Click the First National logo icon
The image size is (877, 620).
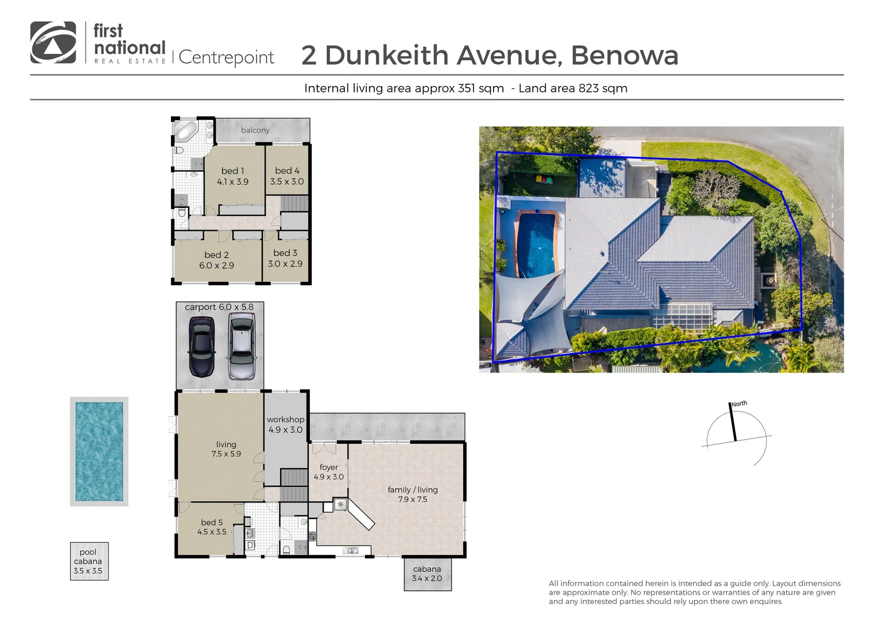[x=53, y=42]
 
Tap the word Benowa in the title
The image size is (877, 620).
[x=624, y=56]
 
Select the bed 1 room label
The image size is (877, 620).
[x=232, y=171]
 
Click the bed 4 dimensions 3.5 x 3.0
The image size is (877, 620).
[x=287, y=181]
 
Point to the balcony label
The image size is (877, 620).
[x=255, y=130]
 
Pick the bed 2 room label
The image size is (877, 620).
[x=216, y=255]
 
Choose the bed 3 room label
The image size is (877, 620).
[x=285, y=253]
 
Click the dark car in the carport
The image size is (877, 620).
[x=201, y=347]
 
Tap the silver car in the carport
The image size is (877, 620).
[x=242, y=347]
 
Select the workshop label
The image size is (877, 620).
[x=285, y=420]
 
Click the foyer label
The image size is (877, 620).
[x=329, y=467]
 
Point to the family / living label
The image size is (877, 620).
[x=413, y=490]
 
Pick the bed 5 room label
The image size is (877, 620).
[x=212, y=522]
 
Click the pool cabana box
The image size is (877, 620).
[x=88, y=561]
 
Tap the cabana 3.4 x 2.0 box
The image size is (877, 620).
[x=427, y=573]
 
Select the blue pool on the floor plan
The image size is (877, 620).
[x=99, y=451]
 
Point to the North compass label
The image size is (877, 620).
[x=739, y=404]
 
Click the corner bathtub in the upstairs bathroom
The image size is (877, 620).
[x=186, y=130]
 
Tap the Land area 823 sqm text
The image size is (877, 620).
[x=573, y=88]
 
